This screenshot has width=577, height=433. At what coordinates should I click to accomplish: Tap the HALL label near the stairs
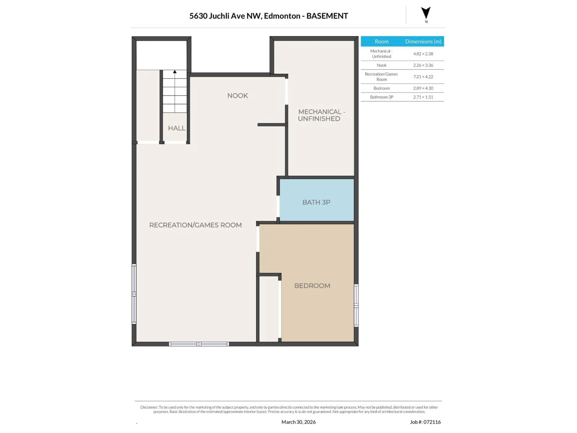177,128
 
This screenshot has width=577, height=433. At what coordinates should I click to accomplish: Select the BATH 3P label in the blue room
316,202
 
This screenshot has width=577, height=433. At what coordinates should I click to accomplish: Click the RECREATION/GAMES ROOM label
195,225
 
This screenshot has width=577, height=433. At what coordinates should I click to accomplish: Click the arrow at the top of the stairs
175,72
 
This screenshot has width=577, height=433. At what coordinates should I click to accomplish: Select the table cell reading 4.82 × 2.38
423,54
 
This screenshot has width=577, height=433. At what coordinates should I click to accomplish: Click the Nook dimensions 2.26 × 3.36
423,65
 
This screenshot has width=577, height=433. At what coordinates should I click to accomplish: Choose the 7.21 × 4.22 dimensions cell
423,77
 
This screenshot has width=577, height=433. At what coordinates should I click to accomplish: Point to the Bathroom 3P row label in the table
381,97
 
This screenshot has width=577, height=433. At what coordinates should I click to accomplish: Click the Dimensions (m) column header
423,41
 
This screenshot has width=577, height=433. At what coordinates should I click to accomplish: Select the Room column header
381,41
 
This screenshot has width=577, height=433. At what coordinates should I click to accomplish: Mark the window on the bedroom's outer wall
356,305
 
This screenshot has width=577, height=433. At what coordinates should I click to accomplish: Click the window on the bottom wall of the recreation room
199,344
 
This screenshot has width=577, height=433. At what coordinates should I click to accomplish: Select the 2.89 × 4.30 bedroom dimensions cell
423,88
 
